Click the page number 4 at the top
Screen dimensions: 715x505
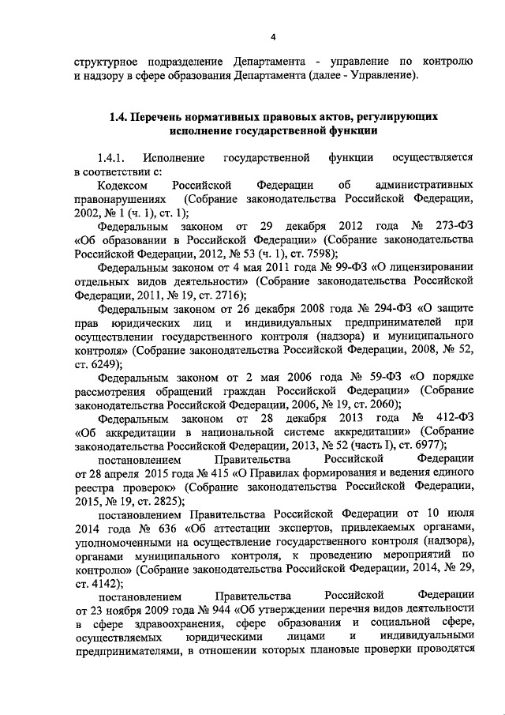tap(274, 37)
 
